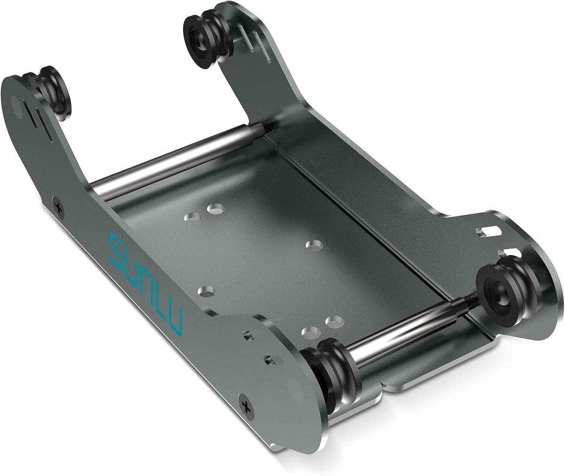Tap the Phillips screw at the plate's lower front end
click(247, 406)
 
